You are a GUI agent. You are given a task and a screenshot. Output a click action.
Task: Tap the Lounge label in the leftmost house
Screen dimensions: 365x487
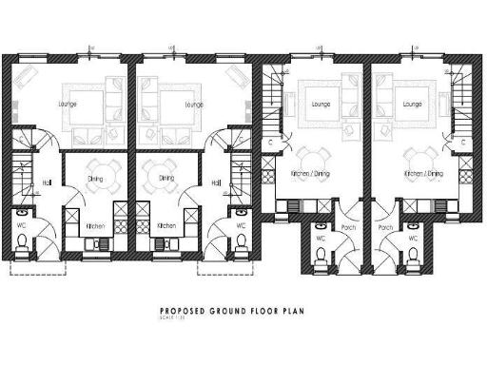pyautogui.click(x=68, y=104)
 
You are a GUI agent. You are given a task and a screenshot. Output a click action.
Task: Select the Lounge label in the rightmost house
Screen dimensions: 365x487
pyautogui.click(x=412, y=104)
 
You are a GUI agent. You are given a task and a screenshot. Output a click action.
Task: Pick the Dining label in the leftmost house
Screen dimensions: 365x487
pyautogui.click(x=96, y=178)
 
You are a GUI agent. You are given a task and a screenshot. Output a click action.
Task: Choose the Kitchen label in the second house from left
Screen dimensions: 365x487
pyautogui.click(x=166, y=226)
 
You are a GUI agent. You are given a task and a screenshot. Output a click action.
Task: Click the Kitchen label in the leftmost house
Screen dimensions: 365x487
pyautogui.click(x=96, y=226)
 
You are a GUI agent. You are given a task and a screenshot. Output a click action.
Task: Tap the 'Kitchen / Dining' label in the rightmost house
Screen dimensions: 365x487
pyautogui.click(x=422, y=174)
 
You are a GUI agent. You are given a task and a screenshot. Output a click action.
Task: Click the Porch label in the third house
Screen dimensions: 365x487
pyautogui.click(x=348, y=228)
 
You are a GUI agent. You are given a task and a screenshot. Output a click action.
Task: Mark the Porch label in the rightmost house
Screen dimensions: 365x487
pyautogui.click(x=385, y=228)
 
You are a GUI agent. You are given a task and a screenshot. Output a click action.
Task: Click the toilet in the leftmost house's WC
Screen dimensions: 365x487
pyautogui.click(x=21, y=249)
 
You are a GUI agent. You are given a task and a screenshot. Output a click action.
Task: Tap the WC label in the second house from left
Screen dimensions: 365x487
pyautogui.click(x=241, y=226)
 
